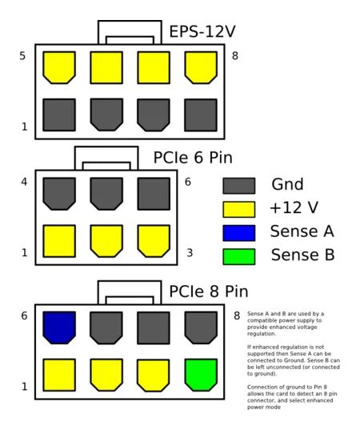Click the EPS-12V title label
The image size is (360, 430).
[202, 31]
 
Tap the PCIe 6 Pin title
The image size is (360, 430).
[193, 158]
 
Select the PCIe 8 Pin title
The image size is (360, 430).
[209, 291]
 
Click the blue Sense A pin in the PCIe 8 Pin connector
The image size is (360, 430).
[59, 328]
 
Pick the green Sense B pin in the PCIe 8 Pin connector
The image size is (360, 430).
[201, 375]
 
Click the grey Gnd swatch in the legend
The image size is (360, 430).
[239, 186]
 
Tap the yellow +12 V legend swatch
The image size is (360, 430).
[239, 210]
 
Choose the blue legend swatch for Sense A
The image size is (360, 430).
[239, 233]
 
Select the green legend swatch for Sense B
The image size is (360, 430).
[239, 257]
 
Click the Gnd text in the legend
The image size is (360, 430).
[287, 184]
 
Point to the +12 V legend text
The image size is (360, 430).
[294, 207]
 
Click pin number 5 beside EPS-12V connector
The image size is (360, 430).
[22, 56]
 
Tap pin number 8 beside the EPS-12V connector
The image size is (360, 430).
[235, 56]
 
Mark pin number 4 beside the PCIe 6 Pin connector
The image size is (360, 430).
[24, 182]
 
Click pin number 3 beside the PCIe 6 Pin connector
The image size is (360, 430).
[190, 252]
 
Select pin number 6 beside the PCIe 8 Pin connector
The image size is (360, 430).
[24, 316]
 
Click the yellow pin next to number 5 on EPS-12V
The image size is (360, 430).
[59, 67]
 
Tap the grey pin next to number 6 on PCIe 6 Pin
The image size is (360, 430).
[154, 194]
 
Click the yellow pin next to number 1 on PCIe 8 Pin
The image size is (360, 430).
[59, 375]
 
